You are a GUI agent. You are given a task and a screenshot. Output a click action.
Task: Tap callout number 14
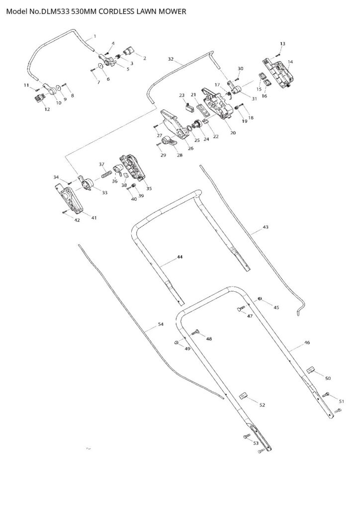coord(290,62)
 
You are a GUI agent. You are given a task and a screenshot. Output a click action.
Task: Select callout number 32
coord(171,59)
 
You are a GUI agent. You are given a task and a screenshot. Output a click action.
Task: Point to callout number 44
coord(180,257)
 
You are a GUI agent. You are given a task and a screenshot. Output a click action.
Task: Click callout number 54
coord(161,324)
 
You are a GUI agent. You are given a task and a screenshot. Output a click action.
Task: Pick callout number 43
coord(266,227)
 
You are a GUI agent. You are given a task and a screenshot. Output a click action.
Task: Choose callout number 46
coord(307,342)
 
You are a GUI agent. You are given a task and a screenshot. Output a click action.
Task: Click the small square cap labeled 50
coord(311,369)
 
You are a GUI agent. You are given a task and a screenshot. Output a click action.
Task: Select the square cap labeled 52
coord(244,396)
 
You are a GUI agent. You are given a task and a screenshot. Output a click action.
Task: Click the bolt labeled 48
coord(195,333)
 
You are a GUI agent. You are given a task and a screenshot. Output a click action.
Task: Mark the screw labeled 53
coord(246,437)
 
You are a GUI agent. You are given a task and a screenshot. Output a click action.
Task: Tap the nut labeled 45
coord(260,298)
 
